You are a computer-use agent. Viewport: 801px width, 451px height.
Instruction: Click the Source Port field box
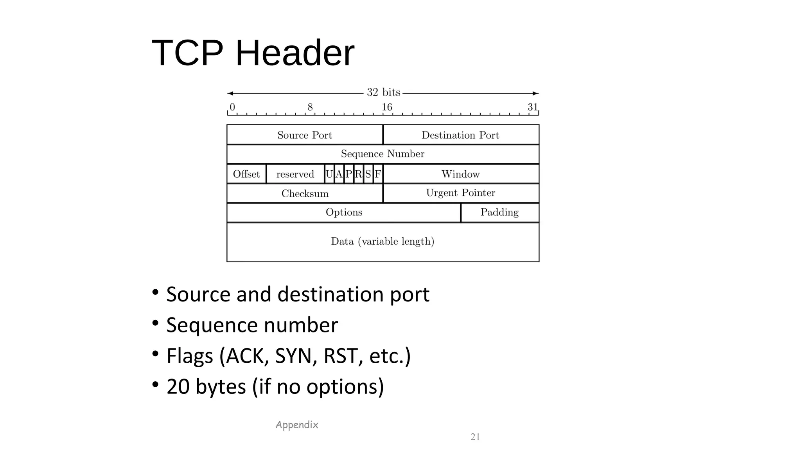tap(305, 135)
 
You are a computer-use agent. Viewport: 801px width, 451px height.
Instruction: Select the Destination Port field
tap(460, 135)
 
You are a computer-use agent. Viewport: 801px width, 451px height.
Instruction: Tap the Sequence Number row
tap(383, 154)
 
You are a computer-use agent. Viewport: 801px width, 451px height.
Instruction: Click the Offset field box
tap(246, 174)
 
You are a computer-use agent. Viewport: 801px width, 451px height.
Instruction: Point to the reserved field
tap(295, 174)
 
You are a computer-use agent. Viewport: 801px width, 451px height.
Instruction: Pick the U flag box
tap(329, 174)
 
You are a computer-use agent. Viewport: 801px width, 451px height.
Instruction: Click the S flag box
tap(368, 174)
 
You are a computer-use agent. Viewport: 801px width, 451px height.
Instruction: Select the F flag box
tap(378, 174)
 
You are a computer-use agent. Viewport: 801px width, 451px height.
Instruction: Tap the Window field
tap(460, 174)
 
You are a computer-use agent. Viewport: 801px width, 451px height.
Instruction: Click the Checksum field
tap(305, 193)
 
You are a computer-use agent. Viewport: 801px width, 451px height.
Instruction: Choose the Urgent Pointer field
tap(460, 193)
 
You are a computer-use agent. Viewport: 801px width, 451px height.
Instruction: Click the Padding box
tap(499, 213)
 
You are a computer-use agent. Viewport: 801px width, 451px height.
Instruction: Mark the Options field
tap(344, 213)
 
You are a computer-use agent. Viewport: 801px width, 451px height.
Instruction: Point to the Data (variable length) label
tap(383, 242)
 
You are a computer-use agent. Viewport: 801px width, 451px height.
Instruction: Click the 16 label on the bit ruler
tap(387, 107)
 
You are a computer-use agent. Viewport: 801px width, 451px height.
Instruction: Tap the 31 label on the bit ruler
tap(533, 107)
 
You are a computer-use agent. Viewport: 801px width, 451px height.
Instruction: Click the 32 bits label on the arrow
tap(383, 92)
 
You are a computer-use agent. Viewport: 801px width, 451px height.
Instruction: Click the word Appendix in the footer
tap(297, 425)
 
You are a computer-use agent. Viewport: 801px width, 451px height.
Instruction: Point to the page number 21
tap(475, 437)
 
